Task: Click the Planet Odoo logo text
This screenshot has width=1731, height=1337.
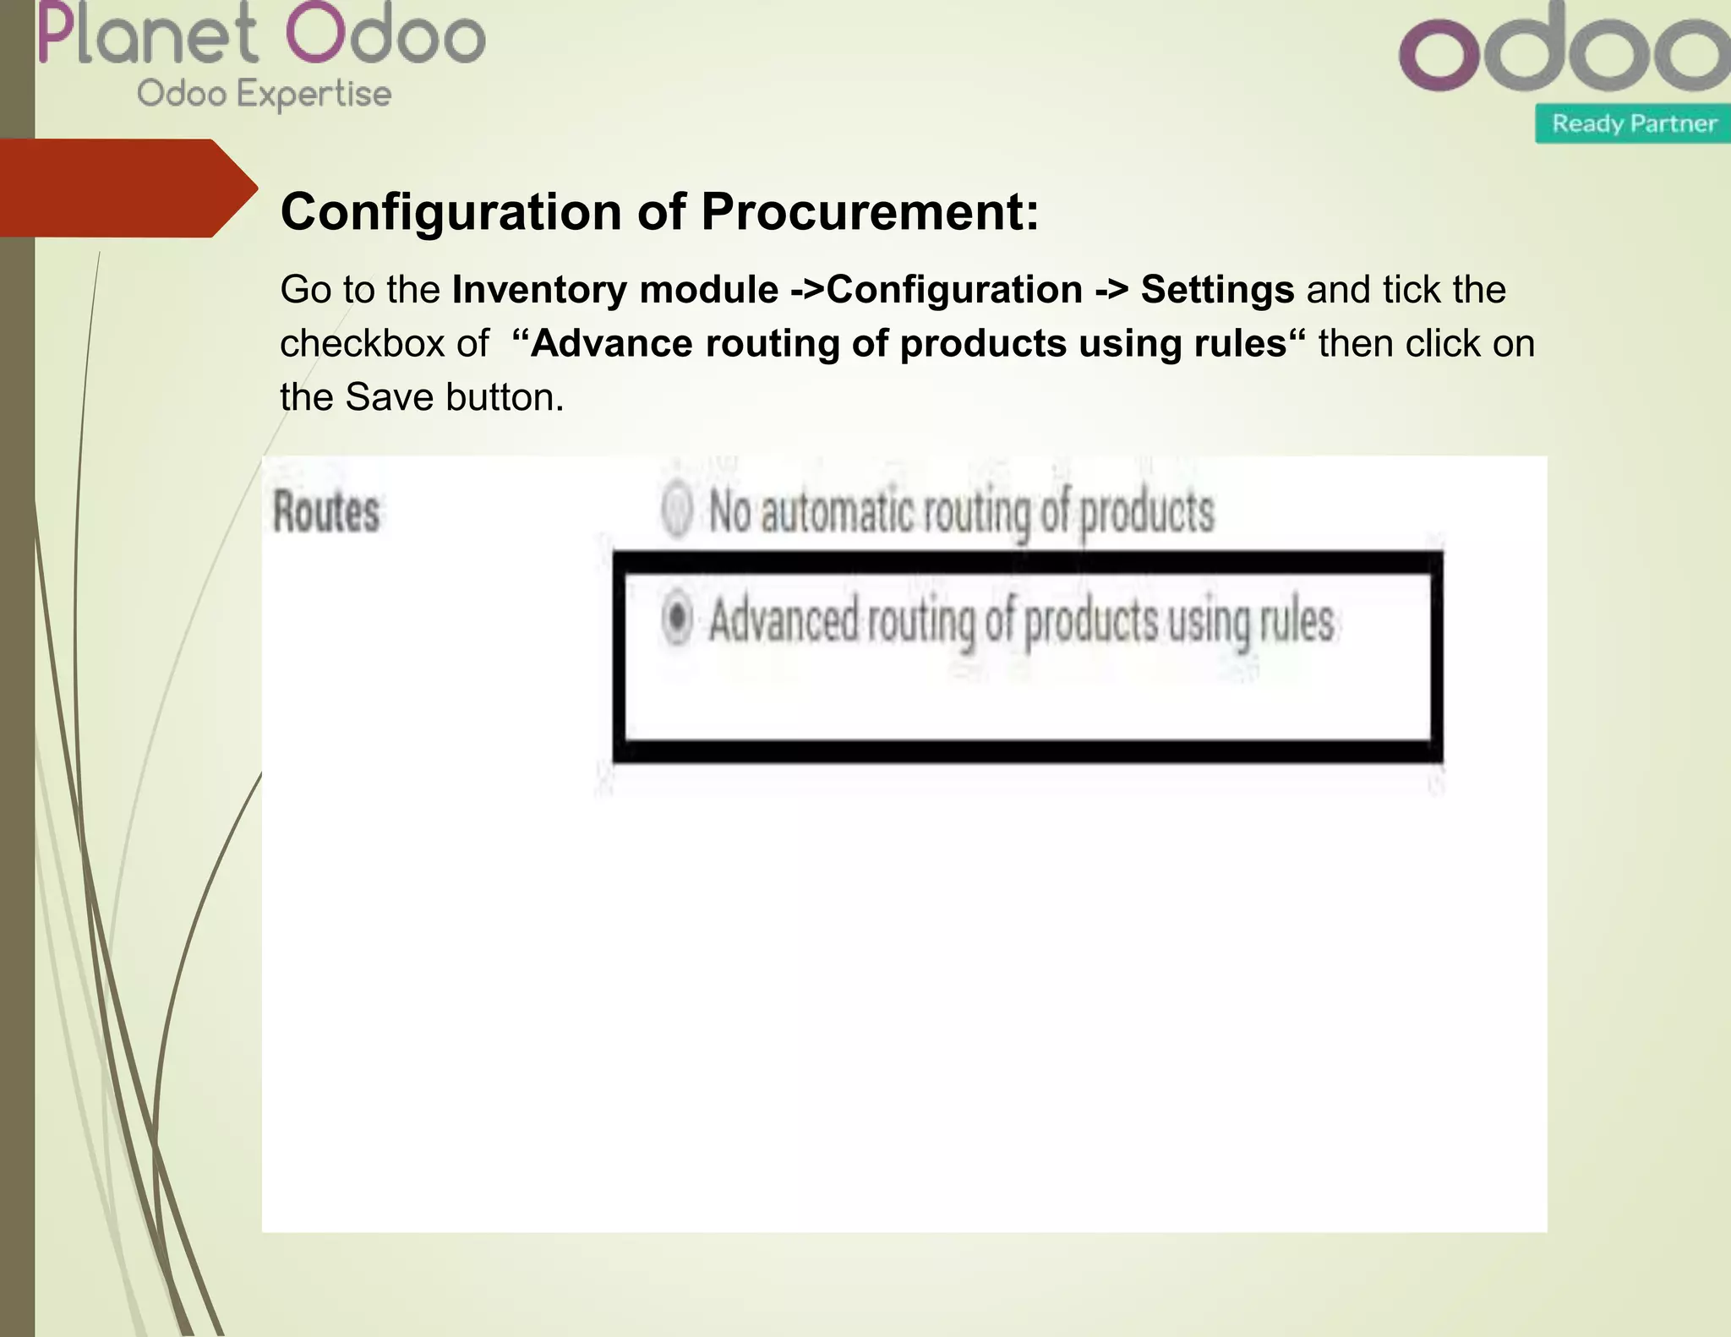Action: point(262,35)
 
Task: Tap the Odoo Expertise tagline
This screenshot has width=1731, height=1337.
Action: point(264,94)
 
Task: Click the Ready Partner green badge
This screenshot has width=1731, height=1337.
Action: point(1633,124)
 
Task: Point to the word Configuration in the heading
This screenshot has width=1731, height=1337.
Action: point(451,211)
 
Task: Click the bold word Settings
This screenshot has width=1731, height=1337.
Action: point(1217,290)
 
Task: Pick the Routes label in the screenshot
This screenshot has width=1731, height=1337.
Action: point(326,512)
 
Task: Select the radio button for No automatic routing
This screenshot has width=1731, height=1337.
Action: point(677,510)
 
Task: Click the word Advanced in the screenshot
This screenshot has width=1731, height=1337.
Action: point(783,620)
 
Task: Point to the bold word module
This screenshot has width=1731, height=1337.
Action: point(709,290)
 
